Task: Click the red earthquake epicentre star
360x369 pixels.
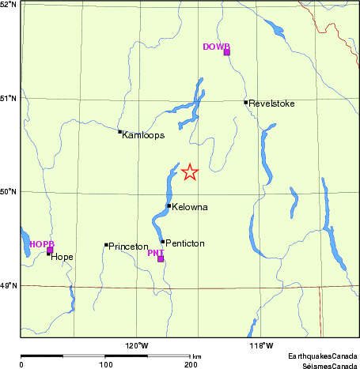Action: [190, 171]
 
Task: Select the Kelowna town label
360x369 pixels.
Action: [190, 207]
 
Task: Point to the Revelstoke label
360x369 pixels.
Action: [271, 103]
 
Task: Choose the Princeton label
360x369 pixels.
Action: [128, 247]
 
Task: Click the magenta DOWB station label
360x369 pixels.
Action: [215, 47]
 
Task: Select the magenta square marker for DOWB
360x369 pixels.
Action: [227, 52]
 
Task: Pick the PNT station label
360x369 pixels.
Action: [156, 253]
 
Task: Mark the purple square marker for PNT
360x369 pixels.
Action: [161, 259]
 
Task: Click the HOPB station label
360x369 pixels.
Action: [42, 244]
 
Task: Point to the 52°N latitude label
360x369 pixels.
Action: [8, 5]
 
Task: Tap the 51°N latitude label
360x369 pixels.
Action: [8, 98]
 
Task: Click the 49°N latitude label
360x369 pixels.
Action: [8, 285]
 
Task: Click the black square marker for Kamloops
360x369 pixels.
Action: [119, 132]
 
